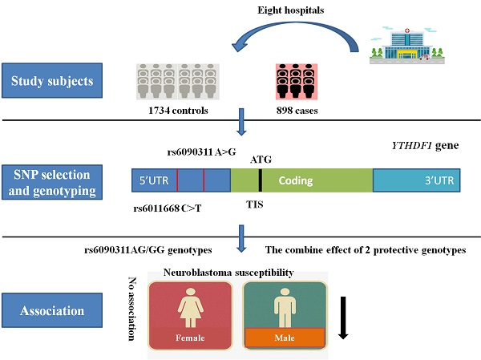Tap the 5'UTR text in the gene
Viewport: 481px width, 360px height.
(x=154, y=180)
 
